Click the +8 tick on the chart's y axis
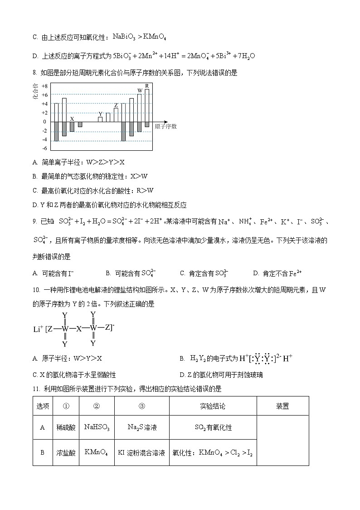coord(44,86)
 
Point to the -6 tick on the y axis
coord(44,149)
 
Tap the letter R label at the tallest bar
coord(146,86)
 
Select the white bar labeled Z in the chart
coord(116,114)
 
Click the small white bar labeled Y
coord(100,119)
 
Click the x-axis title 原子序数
coord(165,126)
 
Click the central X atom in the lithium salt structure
coord(78,328)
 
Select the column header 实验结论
coord(213,406)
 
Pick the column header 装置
coord(282,406)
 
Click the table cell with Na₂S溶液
coord(141,427)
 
